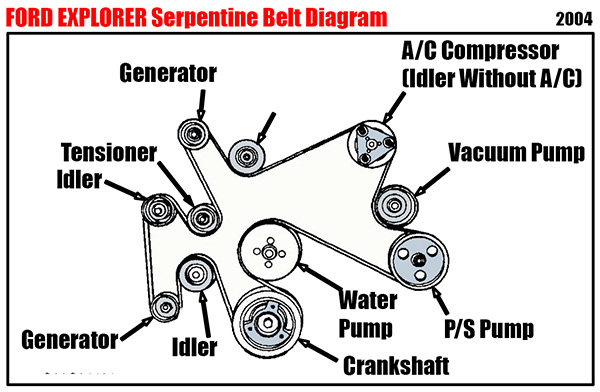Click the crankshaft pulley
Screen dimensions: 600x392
coord(267,322)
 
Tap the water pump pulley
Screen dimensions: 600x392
coord(269,252)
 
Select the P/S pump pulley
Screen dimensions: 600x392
coord(419,260)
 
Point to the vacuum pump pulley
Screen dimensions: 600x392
coord(395,206)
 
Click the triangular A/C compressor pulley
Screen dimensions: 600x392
coord(372,144)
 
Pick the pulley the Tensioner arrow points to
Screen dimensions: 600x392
coord(203,219)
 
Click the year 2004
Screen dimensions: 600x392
coord(574,19)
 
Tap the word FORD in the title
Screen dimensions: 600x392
coord(29,18)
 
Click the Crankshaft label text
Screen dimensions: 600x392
coord(396,366)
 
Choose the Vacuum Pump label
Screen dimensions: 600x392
coord(517,153)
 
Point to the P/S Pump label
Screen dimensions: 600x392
coord(489,329)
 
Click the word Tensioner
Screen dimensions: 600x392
coord(109,152)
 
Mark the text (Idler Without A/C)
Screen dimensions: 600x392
coord(492,78)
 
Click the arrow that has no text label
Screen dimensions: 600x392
coord(266,128)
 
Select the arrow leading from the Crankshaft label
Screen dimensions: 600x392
coord(318,350)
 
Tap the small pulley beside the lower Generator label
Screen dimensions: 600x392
coord(165,307)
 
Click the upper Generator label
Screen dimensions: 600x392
coord(168,73)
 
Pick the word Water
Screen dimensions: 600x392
coord(368,300)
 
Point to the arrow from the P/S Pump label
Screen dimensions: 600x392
coord(440,301)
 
